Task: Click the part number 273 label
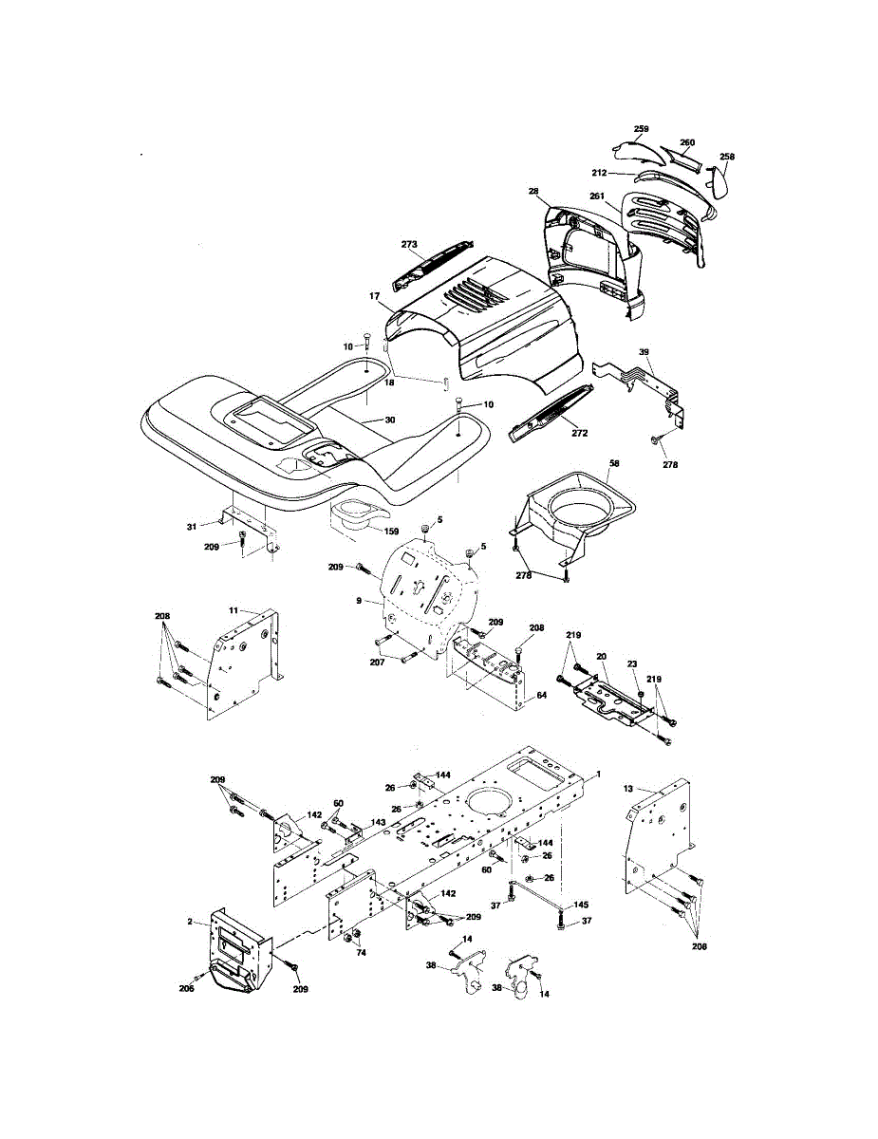(409, 244)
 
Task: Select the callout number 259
(641, 128)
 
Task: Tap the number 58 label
(613, 462)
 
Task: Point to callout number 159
(390, 531)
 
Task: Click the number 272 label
(579, 433)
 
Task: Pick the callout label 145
(581, 904)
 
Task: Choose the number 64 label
(542, 695)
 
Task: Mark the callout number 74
(360, 952)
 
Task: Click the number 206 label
(187, 988)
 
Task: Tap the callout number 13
(628, 789)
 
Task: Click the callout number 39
(644, 352)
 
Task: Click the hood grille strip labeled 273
(432, 262)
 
